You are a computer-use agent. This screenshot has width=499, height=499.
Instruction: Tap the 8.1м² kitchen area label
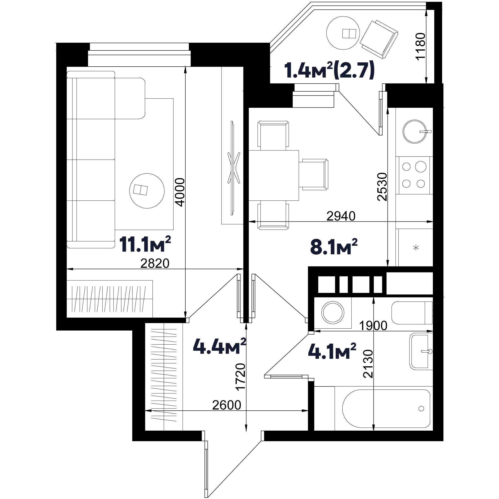pos(334,247)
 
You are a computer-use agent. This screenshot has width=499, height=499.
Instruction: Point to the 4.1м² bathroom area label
pos(332,351)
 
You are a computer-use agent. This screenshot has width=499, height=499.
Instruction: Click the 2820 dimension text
pos(155,263)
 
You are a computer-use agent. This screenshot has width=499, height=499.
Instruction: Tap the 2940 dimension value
pos(341,216)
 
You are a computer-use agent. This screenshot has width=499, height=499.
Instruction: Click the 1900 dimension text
pos(373,326)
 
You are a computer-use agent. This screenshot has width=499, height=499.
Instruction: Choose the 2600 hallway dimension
pos(227,405)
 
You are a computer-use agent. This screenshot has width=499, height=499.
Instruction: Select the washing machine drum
pos(333,313)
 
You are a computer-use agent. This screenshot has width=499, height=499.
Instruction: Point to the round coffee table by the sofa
pos(147,191)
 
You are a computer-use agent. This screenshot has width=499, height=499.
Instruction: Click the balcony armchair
pos(379,39)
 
